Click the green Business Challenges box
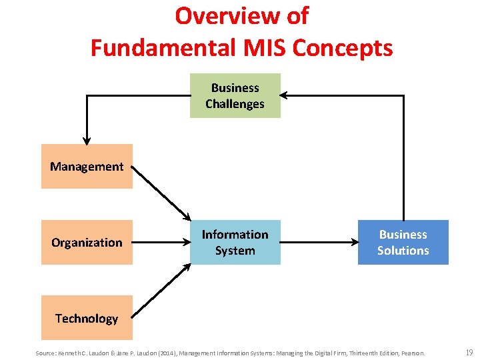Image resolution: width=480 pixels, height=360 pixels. [235, 95]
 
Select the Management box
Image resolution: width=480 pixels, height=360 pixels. [87, 166]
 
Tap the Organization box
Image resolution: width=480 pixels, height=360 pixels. [87, 242]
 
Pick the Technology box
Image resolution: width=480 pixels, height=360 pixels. [87, 318]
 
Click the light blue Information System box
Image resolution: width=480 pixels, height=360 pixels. [235, 242]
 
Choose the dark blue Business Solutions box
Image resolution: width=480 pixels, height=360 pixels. [403, 242]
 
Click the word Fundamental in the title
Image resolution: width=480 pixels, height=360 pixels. [159, 47]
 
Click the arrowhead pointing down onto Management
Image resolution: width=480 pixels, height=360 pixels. [87, 139]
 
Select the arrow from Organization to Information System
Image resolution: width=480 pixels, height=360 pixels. [161, 242]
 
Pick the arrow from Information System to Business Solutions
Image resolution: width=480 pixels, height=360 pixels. [319, 242]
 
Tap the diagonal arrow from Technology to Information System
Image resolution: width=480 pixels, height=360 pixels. [161, 291]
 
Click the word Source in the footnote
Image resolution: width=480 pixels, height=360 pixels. [46, 353]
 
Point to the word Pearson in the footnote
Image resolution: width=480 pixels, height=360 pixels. [411, 353]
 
